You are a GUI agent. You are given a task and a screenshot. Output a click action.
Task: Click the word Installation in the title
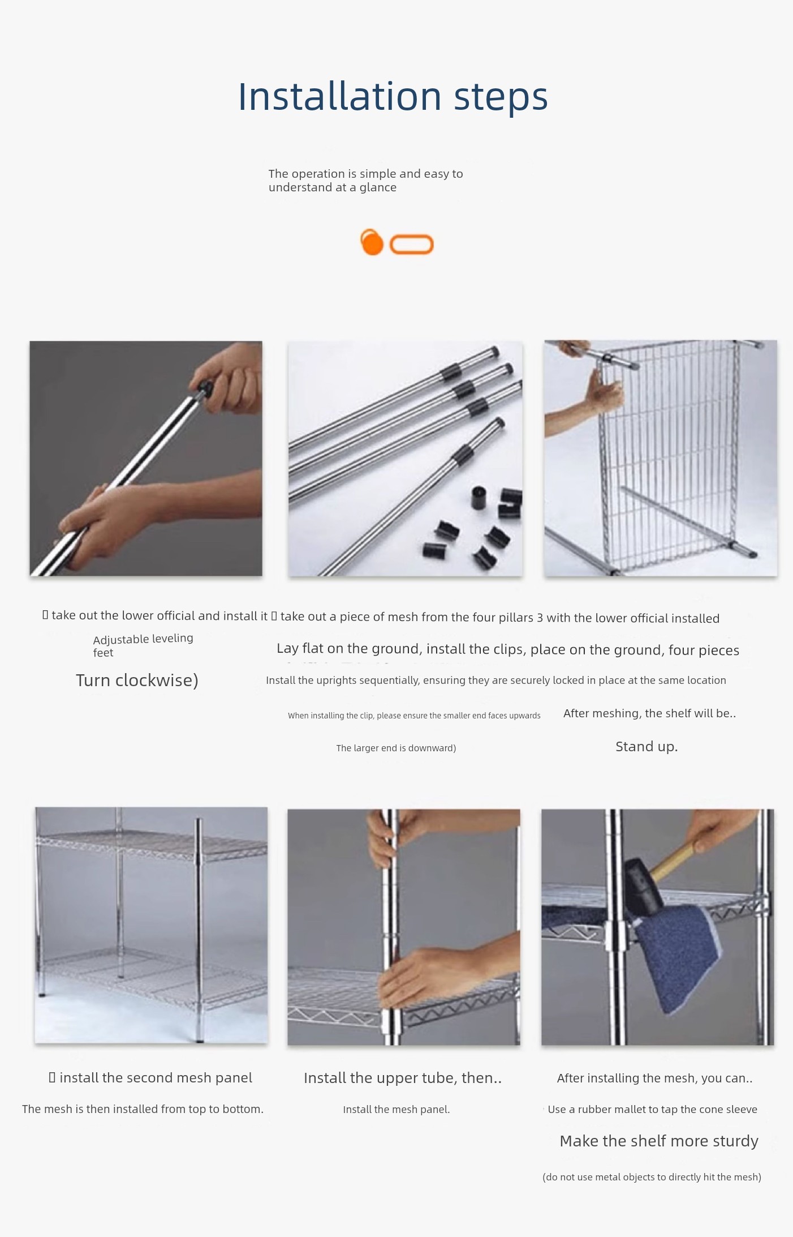[x=339, y=96]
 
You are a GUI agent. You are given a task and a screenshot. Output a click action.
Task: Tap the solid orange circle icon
[x=372, y=242]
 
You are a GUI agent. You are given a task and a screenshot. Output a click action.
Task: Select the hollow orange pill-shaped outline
[x=412, y=245]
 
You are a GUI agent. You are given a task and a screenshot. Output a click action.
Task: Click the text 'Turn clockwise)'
[x=137, y=680]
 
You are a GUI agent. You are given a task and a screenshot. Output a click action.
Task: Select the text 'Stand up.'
[x=647, y=747]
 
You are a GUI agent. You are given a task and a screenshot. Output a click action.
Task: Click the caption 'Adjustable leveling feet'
[x=143, y=645]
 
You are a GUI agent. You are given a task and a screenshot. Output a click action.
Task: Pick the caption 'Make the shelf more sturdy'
[x=659, y=1141]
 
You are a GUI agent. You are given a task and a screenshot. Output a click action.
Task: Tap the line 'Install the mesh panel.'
[x=396, y=1109]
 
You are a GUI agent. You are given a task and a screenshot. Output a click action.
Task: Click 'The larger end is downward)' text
[x=396, y=748]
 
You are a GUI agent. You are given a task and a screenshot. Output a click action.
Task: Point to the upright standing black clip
[x=480, y=496]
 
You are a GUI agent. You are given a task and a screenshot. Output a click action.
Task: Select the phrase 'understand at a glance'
[x=333, y=187]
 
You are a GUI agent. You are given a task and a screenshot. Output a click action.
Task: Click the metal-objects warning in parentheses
[x=652, y=1177]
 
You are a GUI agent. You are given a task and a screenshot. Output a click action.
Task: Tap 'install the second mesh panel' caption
[x=156, y=1077]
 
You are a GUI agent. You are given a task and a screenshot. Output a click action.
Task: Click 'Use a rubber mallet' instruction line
[x=652, y=1109]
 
